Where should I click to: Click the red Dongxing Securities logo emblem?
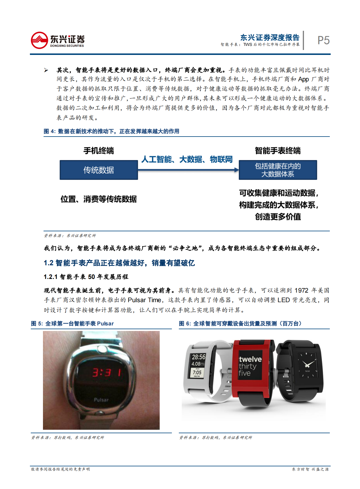point(39,40)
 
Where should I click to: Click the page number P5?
point(323,40)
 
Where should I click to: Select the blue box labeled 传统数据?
point(99,170)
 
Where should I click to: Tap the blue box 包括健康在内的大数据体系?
point(278,170)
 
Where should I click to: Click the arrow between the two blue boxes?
point(188,170)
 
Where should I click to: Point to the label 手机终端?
point(99,151)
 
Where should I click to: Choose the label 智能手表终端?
point(278,151)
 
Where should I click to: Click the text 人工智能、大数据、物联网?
point(187,159)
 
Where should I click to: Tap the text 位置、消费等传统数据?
point(99,199)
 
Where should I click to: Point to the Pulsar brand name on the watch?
point(101,400)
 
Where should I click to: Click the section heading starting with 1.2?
point(119,263)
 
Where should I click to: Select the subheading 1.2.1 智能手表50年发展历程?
point(86,277)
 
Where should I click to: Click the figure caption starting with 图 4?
point(111,131)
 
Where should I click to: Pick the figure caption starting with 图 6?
point(240,323)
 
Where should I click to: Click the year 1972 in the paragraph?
point(301,290)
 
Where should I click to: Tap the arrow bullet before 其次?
point(46,70)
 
